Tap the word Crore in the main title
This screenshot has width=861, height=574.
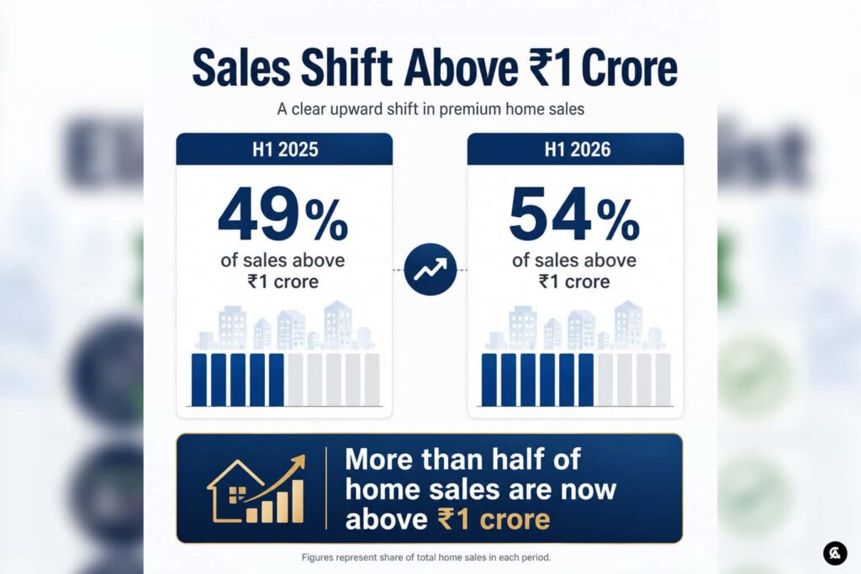(629, 68)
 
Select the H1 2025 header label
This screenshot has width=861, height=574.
(285, 150)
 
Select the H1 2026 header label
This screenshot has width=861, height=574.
(577, 150)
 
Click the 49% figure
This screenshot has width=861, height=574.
(283, 214)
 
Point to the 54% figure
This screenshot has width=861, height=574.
(574, 214)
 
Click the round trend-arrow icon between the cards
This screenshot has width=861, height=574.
(430, 270)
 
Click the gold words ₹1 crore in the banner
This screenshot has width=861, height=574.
(494, 519)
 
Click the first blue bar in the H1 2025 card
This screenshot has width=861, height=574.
(199, 380)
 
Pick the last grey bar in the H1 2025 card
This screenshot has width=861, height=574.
(372, 380)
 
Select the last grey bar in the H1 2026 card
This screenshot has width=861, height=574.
(663, 380)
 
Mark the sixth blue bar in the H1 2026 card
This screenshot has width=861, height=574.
(586, 380)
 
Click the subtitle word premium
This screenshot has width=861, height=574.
(471, 109)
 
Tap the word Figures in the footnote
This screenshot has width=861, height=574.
(317, 557)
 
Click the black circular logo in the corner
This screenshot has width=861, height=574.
(835, 553)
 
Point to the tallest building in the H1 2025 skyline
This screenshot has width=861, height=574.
(338, 324)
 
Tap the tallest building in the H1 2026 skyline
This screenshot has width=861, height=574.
(628, 324)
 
